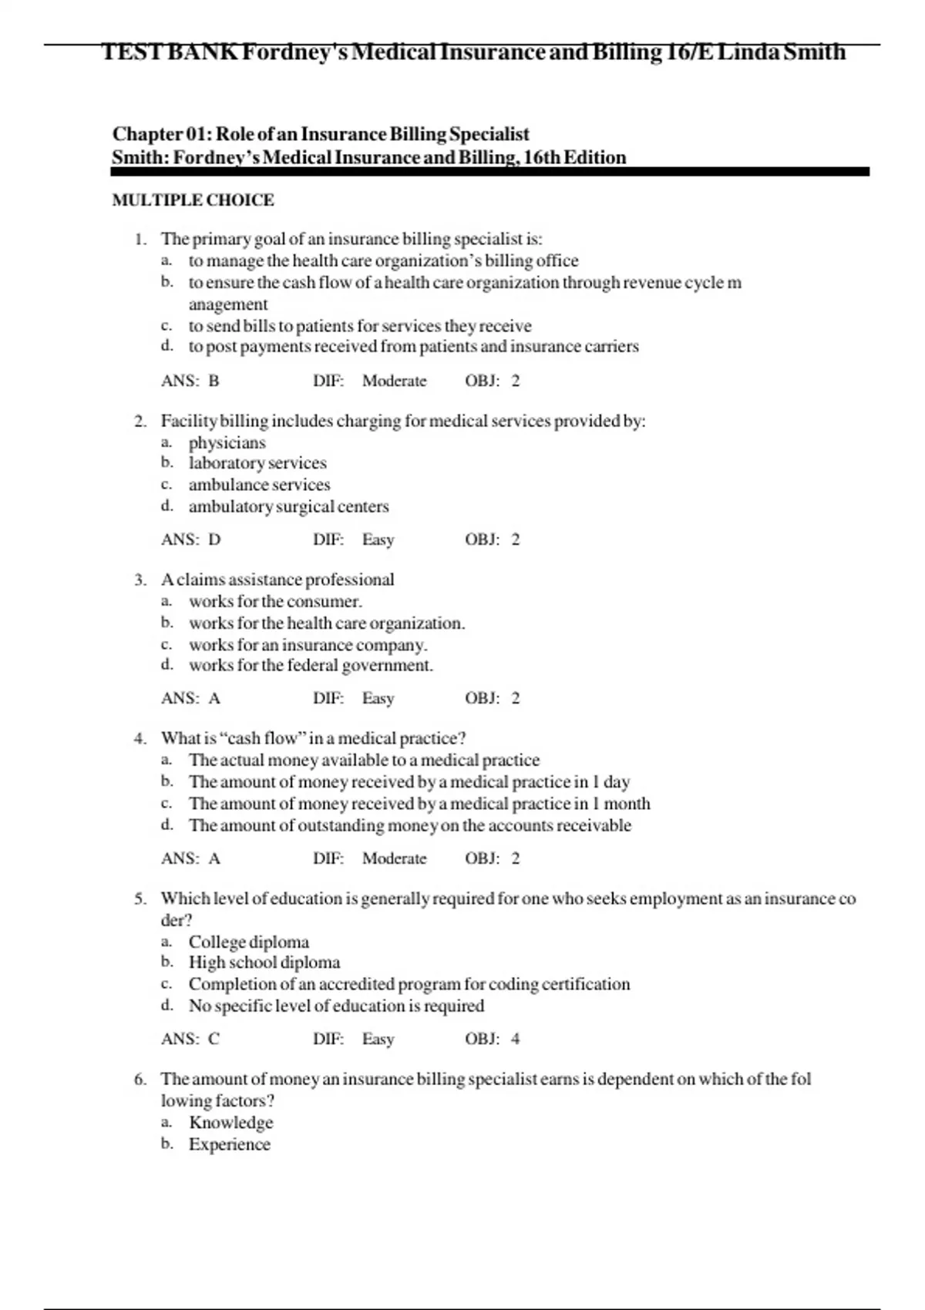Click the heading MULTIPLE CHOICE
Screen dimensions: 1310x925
click(193, 200)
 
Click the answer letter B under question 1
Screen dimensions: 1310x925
click(214, 381)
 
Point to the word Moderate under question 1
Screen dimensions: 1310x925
click(394, 381)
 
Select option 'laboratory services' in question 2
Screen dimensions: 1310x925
click(257, 463)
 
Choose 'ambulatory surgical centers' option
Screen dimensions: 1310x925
click(288, 506)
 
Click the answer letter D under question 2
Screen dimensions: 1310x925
click(214, 539)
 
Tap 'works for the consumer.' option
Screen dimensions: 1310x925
click(275, 601)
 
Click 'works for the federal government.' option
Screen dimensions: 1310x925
click(311, 665)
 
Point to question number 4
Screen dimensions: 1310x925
click(140, 738)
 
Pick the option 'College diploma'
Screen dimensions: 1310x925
click(248, 942)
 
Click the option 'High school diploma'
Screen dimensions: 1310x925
click(264, 962)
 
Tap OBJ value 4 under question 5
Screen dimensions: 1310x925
click(515, 1039)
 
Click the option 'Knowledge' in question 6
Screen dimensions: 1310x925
click(230, 1123)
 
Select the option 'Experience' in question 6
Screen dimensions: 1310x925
click(229, 1144)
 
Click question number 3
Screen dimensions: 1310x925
click(140, 579)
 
